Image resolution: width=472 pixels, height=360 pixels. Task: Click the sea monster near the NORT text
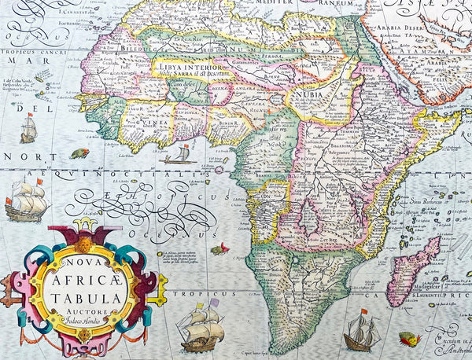coord(79,153)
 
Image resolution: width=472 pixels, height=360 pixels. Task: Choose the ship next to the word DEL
coord(28,127)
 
